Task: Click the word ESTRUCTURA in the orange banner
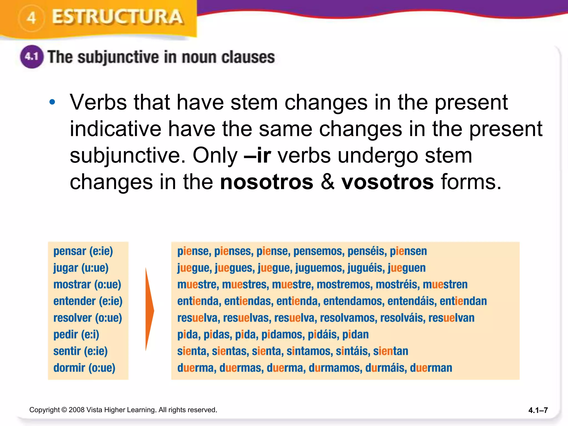[118, 17]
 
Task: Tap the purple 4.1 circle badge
[32, 57]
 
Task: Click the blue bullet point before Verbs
[52, 102]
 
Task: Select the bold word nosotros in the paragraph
[267, 182]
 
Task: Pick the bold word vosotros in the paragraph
[387, 182]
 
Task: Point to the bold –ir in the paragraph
[257, 155]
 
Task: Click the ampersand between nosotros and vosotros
[328, 182]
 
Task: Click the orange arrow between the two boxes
[149, 309]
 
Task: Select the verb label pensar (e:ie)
[83, 251]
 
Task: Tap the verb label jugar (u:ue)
[81, 268]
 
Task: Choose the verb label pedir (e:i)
[76, 335]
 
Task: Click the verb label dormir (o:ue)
[84, 368]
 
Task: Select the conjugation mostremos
[344, 285]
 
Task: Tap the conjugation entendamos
[354, 301]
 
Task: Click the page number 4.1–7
[538, 410]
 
